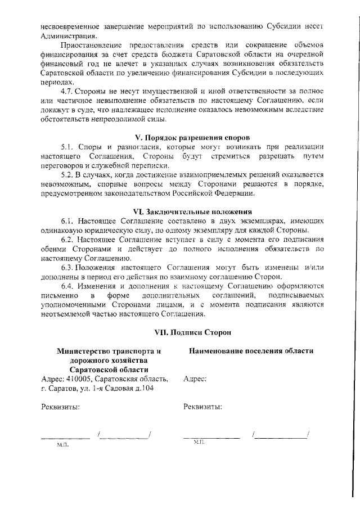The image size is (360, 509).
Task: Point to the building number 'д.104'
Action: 143,388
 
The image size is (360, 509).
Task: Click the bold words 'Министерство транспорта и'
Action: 109,351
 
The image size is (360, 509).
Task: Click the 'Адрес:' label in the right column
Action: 195,379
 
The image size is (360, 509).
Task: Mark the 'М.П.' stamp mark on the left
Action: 62,444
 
